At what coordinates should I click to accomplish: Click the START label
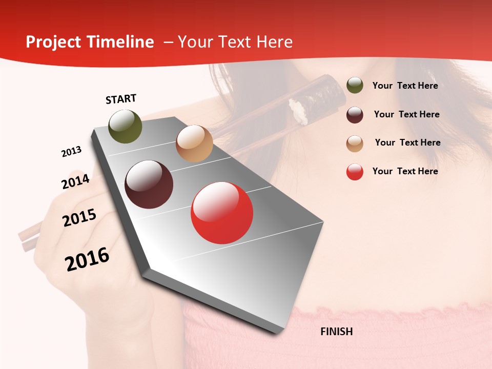click(121, 99)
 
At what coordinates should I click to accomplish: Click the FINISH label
click(337, 332)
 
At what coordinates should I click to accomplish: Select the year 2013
click(71, 152)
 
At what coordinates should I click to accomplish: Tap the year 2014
click(75, 181)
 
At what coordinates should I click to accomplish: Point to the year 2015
click(79, 218)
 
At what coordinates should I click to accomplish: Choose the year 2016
click(87, 259)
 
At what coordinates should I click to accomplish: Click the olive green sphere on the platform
click(125, 126)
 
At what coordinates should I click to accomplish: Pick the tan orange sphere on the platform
click(194, 143)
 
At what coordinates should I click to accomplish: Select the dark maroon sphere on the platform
click(149, 184)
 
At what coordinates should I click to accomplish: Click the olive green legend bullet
click(355, 86)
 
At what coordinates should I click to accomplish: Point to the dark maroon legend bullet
click(355, 115)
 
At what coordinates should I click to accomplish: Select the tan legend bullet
click(355, 143)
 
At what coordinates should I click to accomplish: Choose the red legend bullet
click(355, 172)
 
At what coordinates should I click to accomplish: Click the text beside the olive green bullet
click(405, 86)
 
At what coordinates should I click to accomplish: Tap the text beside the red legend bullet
click(405, 171)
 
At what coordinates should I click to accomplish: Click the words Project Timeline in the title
click(90, 42)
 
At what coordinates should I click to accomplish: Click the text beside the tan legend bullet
click(407, 142)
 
